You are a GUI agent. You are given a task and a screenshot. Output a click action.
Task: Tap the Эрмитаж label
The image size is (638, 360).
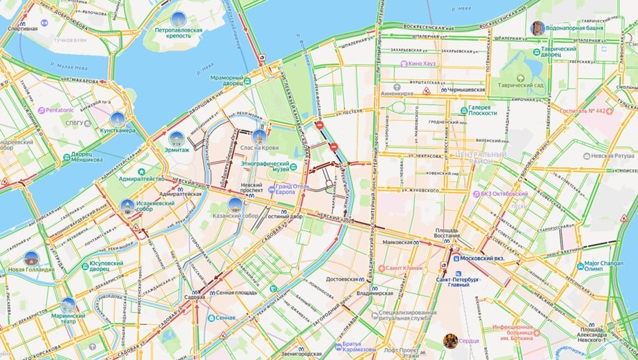click(x=176, y=150)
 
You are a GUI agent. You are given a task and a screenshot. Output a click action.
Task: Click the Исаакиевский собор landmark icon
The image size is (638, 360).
click(x=127, y=206)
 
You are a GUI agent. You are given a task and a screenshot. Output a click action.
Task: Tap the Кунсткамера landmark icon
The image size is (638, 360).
click(x=117, y=119)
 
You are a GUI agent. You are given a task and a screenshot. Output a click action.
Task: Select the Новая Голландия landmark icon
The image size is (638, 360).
click(x=30, y=259)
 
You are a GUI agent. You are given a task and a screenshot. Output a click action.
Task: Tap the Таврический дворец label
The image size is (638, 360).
click(x=560, y=53)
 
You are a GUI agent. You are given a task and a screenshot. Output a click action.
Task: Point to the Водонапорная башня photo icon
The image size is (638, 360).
click(x=539, y=28)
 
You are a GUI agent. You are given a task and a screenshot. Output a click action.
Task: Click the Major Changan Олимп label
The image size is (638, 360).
click(x=606, y=266)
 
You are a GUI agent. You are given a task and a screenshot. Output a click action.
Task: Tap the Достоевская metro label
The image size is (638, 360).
click(x=342, y=280)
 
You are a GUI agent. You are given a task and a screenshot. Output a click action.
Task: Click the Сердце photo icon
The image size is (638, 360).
click(x=451, y=340)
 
